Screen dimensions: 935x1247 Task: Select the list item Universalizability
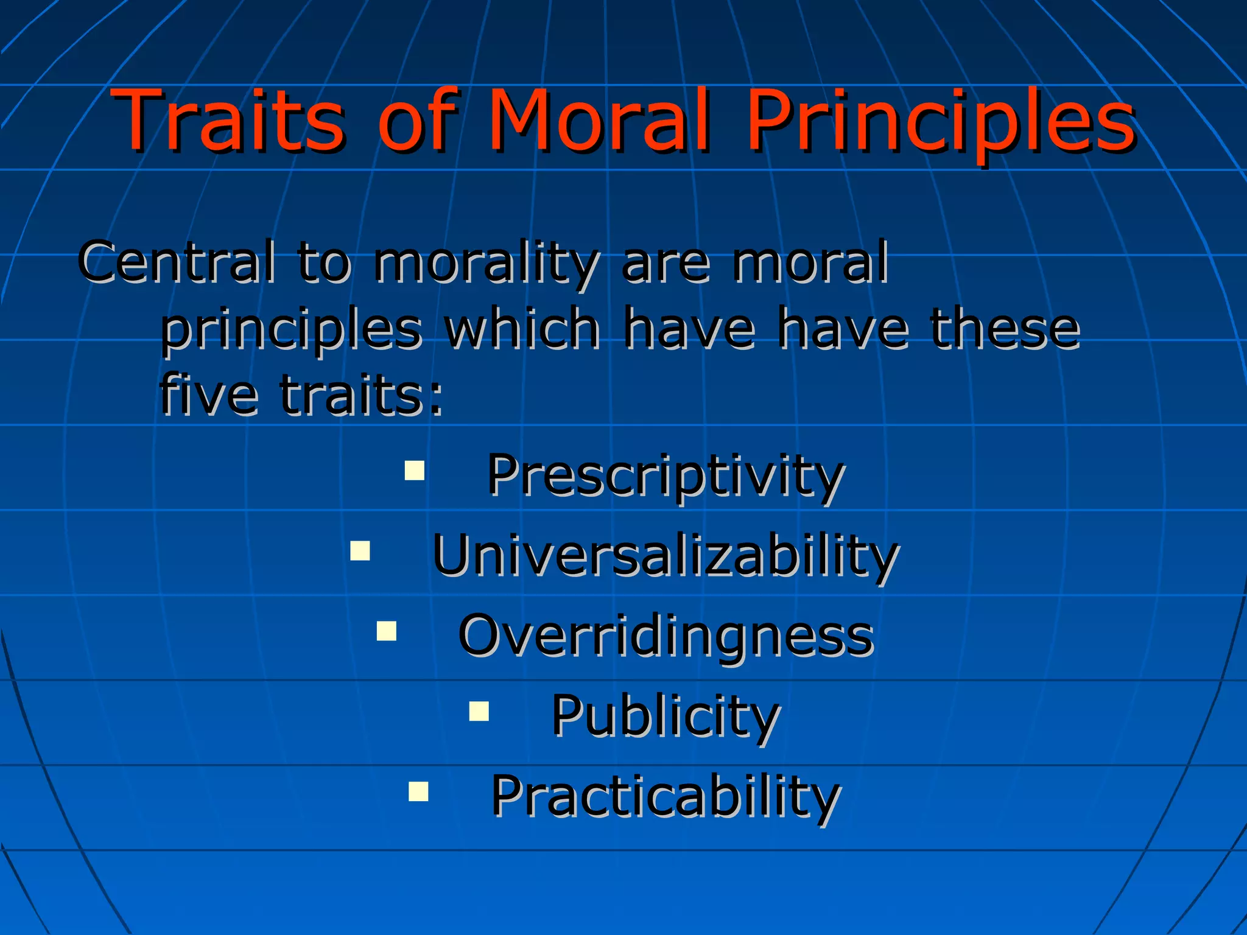[x=666, y=555]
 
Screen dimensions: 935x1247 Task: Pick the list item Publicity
[x=666, y=716]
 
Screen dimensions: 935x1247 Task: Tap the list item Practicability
[x=666, y=796]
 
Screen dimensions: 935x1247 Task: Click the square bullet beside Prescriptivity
[x=415, y=471]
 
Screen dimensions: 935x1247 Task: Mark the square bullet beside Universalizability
[x=360, y=550]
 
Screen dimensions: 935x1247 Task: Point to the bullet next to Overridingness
[x=387, y=631]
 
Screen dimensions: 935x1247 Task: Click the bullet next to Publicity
[x=479, y=711]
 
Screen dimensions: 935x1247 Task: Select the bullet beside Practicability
[x=419, y=791]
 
